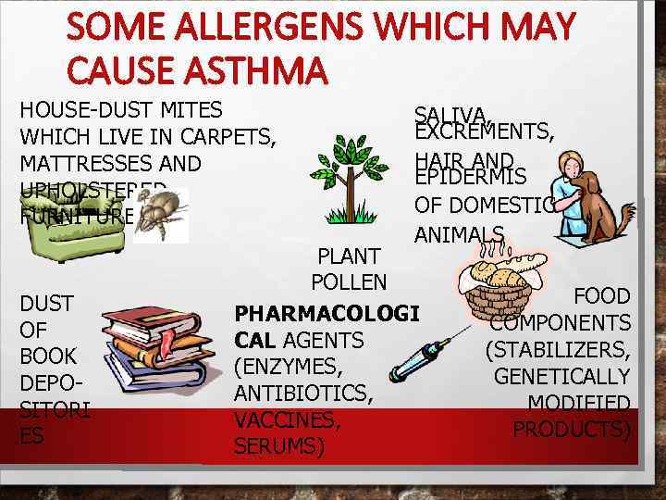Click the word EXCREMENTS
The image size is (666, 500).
[x=486, y=133]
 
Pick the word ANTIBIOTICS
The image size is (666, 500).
[x=303, y=394]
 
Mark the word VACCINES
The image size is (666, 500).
[x=288, y=419]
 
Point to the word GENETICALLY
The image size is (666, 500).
[x=561, y=377]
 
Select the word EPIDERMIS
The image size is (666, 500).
[x=471, y=176]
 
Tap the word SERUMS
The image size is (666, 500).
[x=279, y=446]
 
